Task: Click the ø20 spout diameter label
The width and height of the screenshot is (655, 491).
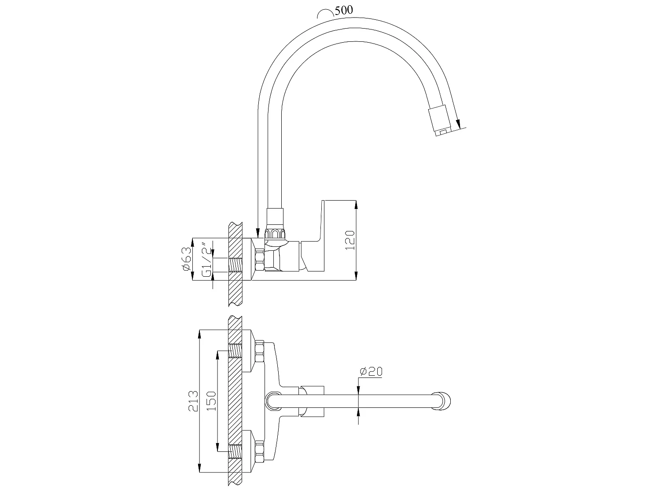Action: (x=371, y=371)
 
